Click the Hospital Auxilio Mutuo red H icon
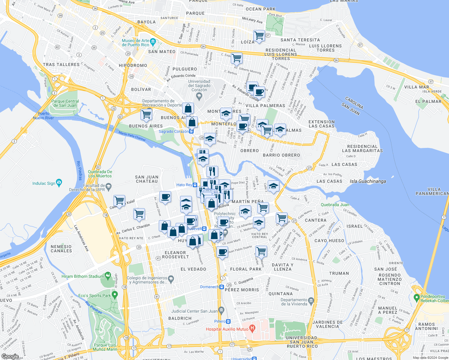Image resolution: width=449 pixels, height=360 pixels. [252, 329]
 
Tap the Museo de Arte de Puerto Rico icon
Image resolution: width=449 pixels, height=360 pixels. [153, 41]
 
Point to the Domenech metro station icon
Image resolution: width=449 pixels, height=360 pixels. [221, 287]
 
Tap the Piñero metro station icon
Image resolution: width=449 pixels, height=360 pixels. [228, 321]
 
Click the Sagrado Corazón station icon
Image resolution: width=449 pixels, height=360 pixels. [191, 131]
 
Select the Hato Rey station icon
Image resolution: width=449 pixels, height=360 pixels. [195, 185]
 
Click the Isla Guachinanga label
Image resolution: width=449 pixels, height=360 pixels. [368, 181]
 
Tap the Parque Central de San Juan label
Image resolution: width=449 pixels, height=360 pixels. [65, 103]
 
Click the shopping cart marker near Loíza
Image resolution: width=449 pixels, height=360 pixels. [259, 35]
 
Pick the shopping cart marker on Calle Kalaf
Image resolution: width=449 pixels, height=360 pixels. [119, 200]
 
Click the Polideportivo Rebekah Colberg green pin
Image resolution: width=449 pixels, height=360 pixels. [416, 298]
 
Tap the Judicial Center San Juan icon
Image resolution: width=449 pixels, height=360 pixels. [221, 310]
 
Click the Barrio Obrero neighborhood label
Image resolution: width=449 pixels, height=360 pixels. [281, 155]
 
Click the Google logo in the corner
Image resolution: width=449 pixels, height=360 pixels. [10, 356]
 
